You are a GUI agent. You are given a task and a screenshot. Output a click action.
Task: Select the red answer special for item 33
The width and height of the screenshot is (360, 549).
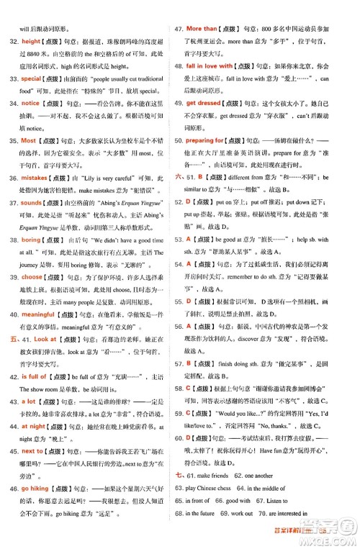click(x=32, y=78)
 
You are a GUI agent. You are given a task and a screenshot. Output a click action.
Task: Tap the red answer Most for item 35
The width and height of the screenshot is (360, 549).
click(x=29, y=140)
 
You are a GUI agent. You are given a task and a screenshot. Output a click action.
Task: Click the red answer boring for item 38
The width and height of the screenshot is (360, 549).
click(x=32, y=240)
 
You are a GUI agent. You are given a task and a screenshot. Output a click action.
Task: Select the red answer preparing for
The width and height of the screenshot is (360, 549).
click(x=210, y=140)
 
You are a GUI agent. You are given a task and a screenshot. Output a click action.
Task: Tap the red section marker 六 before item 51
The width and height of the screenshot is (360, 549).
click(x=180, y=176)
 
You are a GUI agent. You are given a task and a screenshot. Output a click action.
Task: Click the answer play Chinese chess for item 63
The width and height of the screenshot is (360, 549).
click(x=216, y=489)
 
